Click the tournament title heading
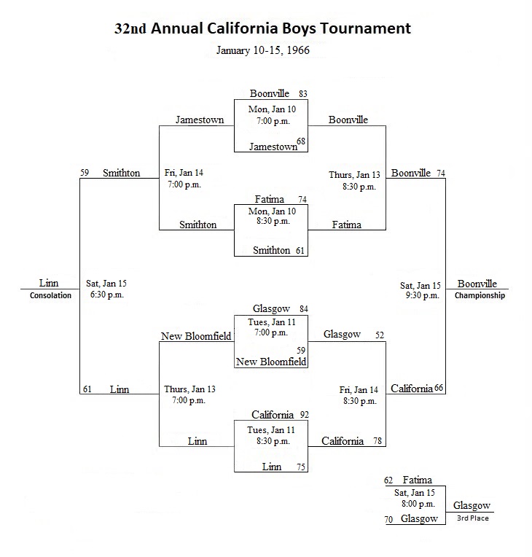click(x=262, y=28)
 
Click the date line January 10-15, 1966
click(x=263, y=50)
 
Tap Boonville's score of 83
click(x=303, y=94)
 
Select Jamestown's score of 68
click(x=301, y=141)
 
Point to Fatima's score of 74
click(x=302, y=200)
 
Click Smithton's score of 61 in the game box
click(x=300, y=251)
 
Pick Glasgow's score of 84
click(x=304, y=309)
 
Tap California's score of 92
click(x=305, y=415)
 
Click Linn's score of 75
click(x=301, y=467)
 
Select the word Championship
click(x=480, y=295)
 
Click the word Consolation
click(x=50, y=295)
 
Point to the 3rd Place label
click(x=473, y=518)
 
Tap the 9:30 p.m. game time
click(x=423, y=295)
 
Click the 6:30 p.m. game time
click(x=107, y=295)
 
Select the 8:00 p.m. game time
click(x=418, y=504)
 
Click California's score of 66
click(x=439, y=388)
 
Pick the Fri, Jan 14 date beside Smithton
click(x=184, y=173)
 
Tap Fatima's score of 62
click(x=388, y=480)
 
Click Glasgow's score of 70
click(x=388, y=520)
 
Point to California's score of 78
click(x=378, y=441)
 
